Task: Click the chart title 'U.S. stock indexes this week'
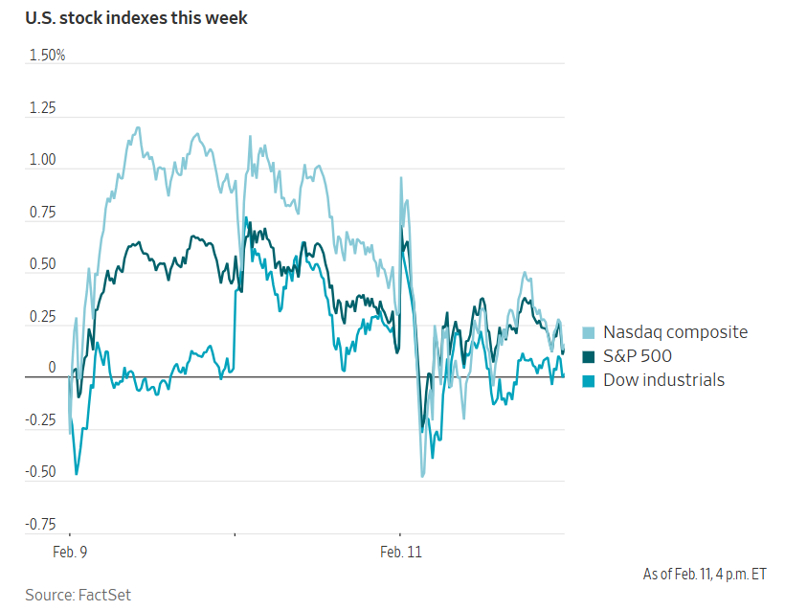136,18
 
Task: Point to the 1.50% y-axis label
47,56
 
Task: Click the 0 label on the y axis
53,369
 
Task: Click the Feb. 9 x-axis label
69,553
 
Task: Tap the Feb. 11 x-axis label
401,553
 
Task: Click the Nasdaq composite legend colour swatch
588,332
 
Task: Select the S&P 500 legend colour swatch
588,356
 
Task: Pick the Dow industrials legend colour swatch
588,380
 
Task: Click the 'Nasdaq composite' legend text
675,332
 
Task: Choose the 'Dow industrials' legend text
663,380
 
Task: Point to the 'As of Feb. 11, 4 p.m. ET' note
705,575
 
